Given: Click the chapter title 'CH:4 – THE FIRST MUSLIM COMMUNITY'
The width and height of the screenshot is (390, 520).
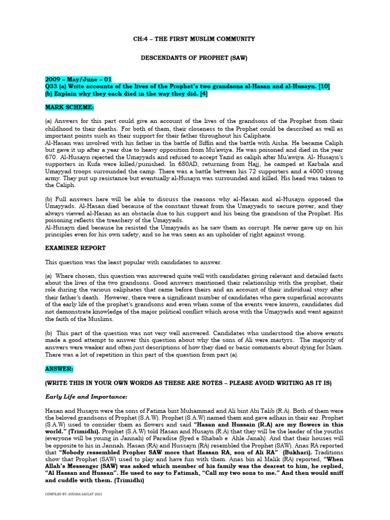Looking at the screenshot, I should [x=194, y=39].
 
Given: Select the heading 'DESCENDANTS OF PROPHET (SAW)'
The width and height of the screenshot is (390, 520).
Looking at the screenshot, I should [x=194, y=58].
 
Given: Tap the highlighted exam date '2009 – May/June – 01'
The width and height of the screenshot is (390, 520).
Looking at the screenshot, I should [x=79, y=80].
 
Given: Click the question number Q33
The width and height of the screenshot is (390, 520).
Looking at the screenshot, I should [x=52, y=87].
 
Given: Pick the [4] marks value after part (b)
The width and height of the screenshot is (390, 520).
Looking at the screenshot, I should [x=202, y=94].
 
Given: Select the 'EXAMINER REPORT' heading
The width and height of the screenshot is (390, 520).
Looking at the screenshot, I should [x=76, y=248].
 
